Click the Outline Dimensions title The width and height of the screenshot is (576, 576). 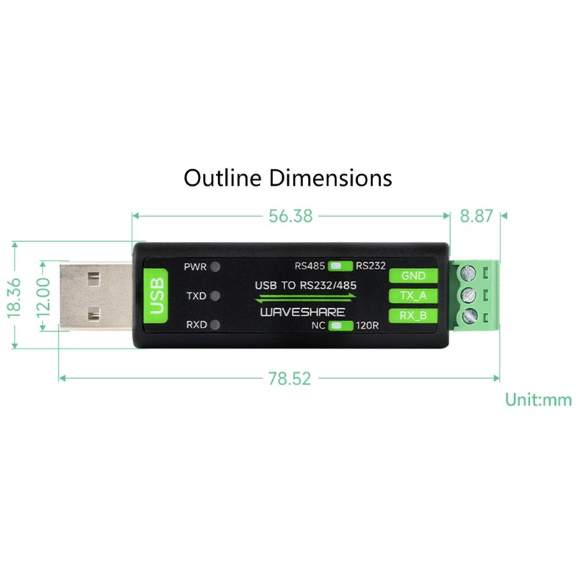[x=288, y=177]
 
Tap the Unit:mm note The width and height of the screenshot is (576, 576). [x=537, y=400]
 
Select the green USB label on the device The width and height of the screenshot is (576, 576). [x=156, y=295]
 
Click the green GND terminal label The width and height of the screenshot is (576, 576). [x=413, y=275]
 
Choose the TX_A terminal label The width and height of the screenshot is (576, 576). [x=413, y=295]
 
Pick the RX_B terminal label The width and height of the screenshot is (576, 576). [x=413, y=315]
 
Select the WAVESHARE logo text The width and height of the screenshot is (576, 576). [x=303, y=312]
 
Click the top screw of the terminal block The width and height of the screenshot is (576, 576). [x=472, y=274]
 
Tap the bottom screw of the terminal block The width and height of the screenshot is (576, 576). [x=472, y=315]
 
